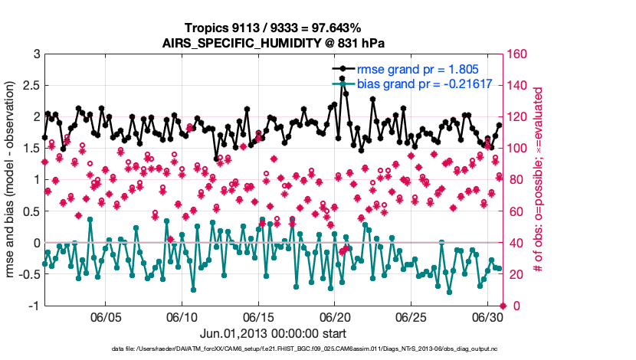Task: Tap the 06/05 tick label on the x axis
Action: (x=106, y=317)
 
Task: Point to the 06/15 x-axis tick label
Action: (x=258, y=317)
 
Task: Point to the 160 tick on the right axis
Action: (x=517, y=54)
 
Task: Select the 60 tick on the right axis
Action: (x=514, y=211)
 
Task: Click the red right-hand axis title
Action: (x=539, y=180)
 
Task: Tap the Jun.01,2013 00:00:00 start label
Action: (x=274, y=333)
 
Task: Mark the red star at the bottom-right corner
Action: (x=503, y=306)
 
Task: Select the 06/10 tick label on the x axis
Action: (x=182, y=317)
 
